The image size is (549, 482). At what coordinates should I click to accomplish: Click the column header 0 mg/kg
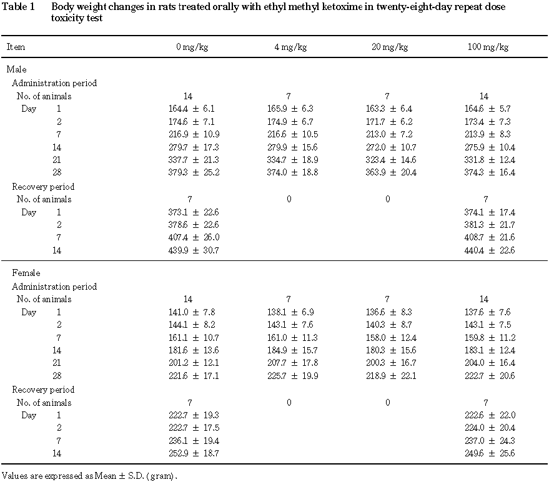(192, 47)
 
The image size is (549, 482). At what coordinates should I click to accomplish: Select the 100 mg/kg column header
(488, 47)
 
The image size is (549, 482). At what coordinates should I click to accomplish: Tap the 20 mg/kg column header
(390, 47)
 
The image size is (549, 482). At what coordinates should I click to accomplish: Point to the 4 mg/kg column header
(290, 47)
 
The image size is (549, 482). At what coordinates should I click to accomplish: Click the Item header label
(16, 47)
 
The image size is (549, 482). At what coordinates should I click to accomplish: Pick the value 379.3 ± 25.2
(194, 172)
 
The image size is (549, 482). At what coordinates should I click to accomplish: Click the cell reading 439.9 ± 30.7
(194, 250)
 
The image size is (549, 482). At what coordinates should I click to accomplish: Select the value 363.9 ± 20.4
(391, 172)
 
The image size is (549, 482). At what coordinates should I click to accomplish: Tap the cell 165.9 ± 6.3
(290, 109)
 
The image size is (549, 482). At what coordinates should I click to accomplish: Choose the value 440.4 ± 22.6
(490, 250)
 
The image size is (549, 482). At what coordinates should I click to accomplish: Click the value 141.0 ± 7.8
(192, 312)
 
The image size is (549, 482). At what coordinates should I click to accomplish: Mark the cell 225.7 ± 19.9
(293, 376)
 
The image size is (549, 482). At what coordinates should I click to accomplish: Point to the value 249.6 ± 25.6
(490, 454)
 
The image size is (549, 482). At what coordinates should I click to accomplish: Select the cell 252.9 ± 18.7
(194, 454)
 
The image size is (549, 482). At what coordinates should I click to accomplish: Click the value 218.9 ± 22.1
(391, 376)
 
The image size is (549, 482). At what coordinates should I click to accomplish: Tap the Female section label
(26, 273)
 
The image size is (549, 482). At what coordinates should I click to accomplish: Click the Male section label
(16, 69)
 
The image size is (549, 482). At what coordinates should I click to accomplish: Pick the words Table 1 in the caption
(18, 7)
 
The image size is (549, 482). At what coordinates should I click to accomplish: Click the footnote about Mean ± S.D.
(90, 476)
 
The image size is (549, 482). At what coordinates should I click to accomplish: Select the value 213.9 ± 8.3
(488, 134)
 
